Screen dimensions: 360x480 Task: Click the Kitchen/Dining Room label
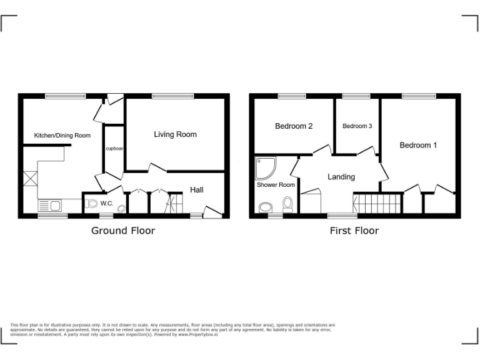[x=62, y=135]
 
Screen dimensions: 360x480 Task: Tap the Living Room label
[x=175, y=134]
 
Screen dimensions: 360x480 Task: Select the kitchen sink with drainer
[x=49, y=206]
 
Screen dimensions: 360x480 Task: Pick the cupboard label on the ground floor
[x=114, y=149]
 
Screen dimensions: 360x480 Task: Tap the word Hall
[x=197, y=189]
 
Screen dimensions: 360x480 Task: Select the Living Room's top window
[x=172, y=96]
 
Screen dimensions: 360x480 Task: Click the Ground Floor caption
[x=123, y=231]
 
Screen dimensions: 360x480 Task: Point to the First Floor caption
[x=354, y=231]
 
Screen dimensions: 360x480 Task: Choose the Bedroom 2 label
[x=294, y=126]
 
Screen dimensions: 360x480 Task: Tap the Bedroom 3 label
[x=357, y=126]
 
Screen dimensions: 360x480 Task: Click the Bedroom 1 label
[x=418, y=145]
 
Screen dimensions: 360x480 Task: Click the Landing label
[x=341, y=177]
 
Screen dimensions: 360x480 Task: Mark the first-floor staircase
[x=376, y=204]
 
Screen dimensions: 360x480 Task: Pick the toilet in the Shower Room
[x=287, y=204]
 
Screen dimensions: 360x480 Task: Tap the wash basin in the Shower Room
[x=265, y=207]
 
